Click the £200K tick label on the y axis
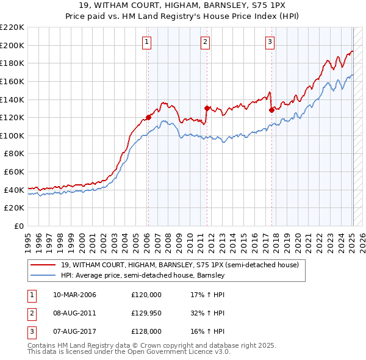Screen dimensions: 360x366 click(x=12, y=45)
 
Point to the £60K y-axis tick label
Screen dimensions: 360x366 click(x=14, y=172)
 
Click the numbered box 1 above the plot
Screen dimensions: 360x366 click(x=148, y=42)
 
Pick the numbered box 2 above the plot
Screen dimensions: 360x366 click(x=206, y=42)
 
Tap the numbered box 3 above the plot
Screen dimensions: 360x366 click(x=270, y=42)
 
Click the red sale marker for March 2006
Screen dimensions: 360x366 click(x=148, y=117)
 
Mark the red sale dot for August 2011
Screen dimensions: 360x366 click(x=207, y=109)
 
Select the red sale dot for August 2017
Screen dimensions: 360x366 click(x=271, y=110)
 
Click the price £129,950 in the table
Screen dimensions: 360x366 click(x=147, y=313)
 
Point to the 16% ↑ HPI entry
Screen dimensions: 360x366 click(x=208, y=331)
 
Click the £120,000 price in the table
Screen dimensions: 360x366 click(x=147, y=295)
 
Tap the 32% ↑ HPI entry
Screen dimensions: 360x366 click(x=208, y=313)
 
